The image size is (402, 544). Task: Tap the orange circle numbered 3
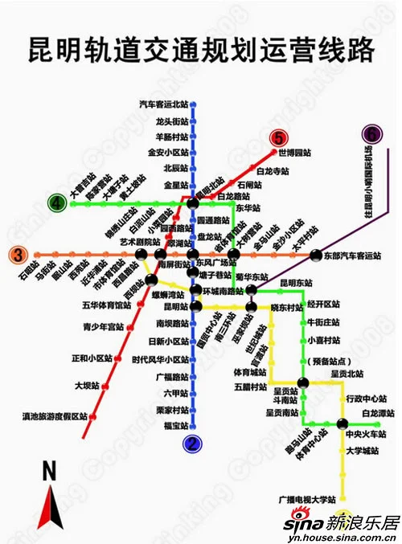point(17,256)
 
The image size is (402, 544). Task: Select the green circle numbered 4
point(57,204)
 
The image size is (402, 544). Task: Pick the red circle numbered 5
point(278,138)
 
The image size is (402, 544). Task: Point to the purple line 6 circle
point(372,133)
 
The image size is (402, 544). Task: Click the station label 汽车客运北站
point(163,104)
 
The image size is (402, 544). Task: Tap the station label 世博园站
point(294,152)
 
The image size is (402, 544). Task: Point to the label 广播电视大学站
point(306,499)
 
